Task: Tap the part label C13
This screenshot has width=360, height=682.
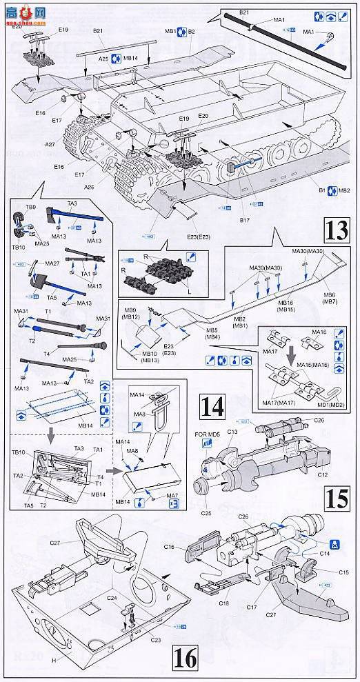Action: click(x=232, y=432)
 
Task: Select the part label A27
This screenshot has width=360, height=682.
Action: click(x=50, y=146)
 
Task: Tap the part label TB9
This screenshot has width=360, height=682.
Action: click(x=31, y=207)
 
